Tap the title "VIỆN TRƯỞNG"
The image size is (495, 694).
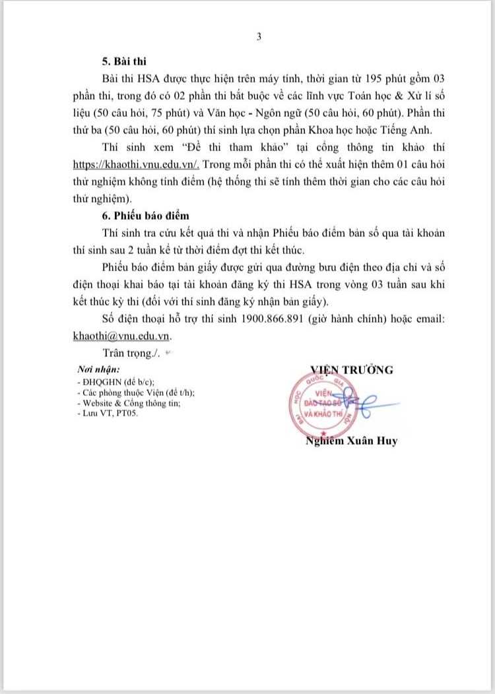pyautogui.click(x=352, y=369)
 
